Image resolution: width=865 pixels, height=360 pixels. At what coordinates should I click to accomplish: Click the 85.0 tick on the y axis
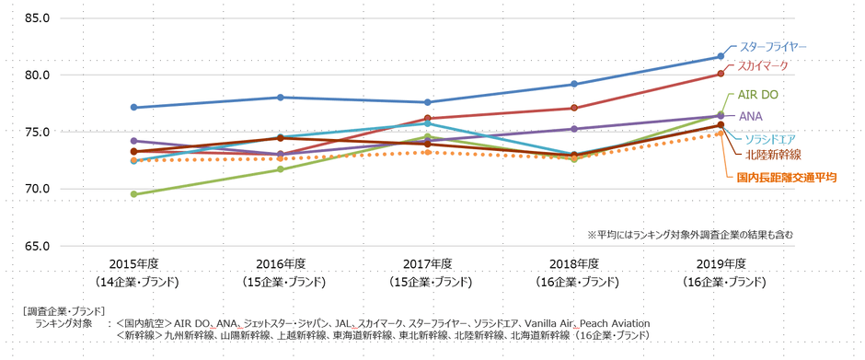pos(35,17)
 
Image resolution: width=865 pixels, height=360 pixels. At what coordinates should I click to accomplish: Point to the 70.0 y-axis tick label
pos(35,189)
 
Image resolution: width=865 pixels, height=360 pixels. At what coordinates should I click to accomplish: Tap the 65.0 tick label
pos(35,246)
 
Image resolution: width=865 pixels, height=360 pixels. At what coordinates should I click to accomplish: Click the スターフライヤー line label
pos(774,46)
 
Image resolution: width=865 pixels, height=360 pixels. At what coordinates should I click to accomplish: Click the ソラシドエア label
pos(770,138)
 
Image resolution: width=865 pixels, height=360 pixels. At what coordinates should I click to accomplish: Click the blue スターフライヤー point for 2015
pos(134,108)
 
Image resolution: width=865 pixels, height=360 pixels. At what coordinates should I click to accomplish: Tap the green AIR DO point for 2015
pos(134,194)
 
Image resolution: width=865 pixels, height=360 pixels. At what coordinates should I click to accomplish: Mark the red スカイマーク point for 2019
pos(721,74)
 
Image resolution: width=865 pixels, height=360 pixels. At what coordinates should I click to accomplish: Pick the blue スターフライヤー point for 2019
pos(721,56)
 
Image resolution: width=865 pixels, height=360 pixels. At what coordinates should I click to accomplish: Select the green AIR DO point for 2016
pos(281,169)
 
